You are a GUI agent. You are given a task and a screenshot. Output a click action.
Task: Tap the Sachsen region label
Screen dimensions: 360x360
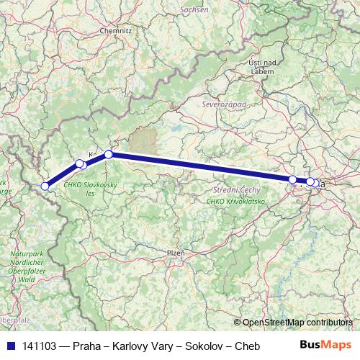point(194,10)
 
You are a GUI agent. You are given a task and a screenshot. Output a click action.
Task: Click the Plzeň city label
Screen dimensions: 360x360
point(176,253)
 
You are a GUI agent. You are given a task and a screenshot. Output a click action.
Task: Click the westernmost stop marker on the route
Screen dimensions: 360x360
point(45,186)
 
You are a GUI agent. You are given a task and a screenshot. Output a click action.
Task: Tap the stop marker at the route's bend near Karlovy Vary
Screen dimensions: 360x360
point(109,154)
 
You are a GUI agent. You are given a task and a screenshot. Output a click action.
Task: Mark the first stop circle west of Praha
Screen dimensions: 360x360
point(292,179)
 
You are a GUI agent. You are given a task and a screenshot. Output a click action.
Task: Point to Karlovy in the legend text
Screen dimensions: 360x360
point(138,346)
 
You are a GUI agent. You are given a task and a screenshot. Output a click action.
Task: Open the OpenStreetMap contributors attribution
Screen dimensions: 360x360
point(297,323)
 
